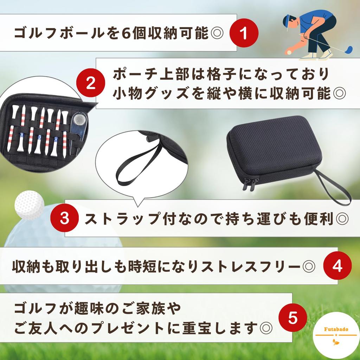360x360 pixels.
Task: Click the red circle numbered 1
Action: [x=244, y=33]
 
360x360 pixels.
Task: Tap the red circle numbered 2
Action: [x=91, y=83]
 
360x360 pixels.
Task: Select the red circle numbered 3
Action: [x=64, y=219]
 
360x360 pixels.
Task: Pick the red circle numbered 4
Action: [x=337, y=266]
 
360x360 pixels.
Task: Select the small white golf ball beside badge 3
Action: [x=30, y=205]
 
